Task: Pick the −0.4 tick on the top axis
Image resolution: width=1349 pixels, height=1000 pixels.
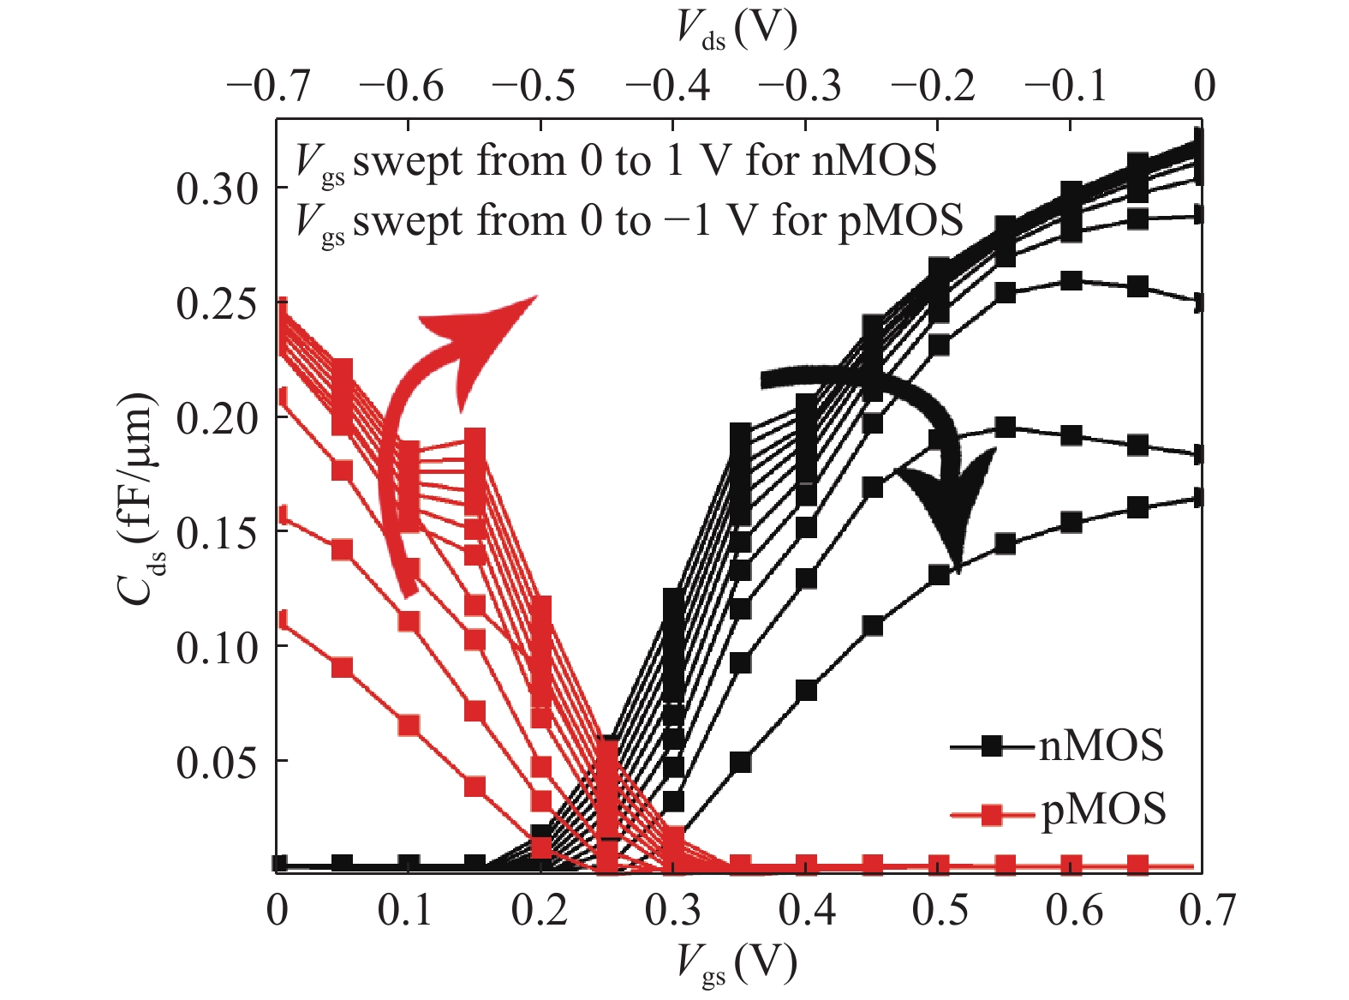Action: tap(668, 86)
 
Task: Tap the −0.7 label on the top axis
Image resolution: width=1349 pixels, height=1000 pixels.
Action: tap(268, 86)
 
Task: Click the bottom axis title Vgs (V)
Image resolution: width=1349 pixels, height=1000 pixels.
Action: tap(737, 964)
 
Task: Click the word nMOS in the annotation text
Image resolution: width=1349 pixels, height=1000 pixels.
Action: tap(874, 161)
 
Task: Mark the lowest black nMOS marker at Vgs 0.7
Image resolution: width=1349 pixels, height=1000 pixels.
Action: tap(1199, 497)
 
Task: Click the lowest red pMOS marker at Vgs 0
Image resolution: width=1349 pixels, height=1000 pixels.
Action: tap(279, 620)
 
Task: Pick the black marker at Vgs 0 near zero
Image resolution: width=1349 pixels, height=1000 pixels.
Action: tap(279, 863)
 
